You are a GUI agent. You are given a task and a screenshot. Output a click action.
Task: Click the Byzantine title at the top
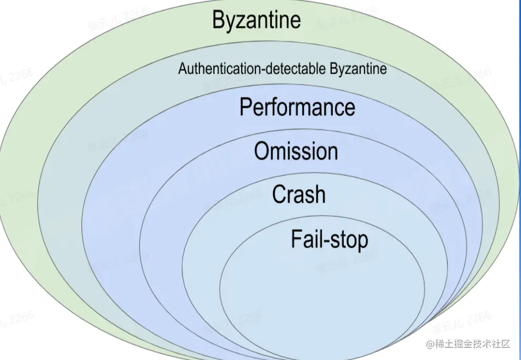click(x=257, y=20)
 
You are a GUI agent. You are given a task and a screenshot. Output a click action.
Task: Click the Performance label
click(x=297, y=107)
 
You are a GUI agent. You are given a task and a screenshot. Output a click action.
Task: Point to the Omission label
click(x=296, y=151)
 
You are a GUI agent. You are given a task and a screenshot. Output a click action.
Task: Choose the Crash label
click(x=299, y=195)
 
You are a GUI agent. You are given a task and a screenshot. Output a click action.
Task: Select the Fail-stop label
click(x=330, y=240)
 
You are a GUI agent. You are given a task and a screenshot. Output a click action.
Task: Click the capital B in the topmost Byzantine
click(x=219, y=20)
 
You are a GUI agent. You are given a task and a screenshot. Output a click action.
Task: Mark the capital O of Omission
click(x=261, y=151)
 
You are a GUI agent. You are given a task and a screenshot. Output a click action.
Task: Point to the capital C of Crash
click(x=279, y=195)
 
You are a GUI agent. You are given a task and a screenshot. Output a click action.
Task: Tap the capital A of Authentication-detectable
click(x=182, y=69)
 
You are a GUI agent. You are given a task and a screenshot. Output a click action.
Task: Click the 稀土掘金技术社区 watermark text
click(x=471, y=344)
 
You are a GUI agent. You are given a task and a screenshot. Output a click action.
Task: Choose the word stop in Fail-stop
click(x=350, y=241)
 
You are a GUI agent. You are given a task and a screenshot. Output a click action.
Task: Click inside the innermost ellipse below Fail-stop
click(x=322, y=294)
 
